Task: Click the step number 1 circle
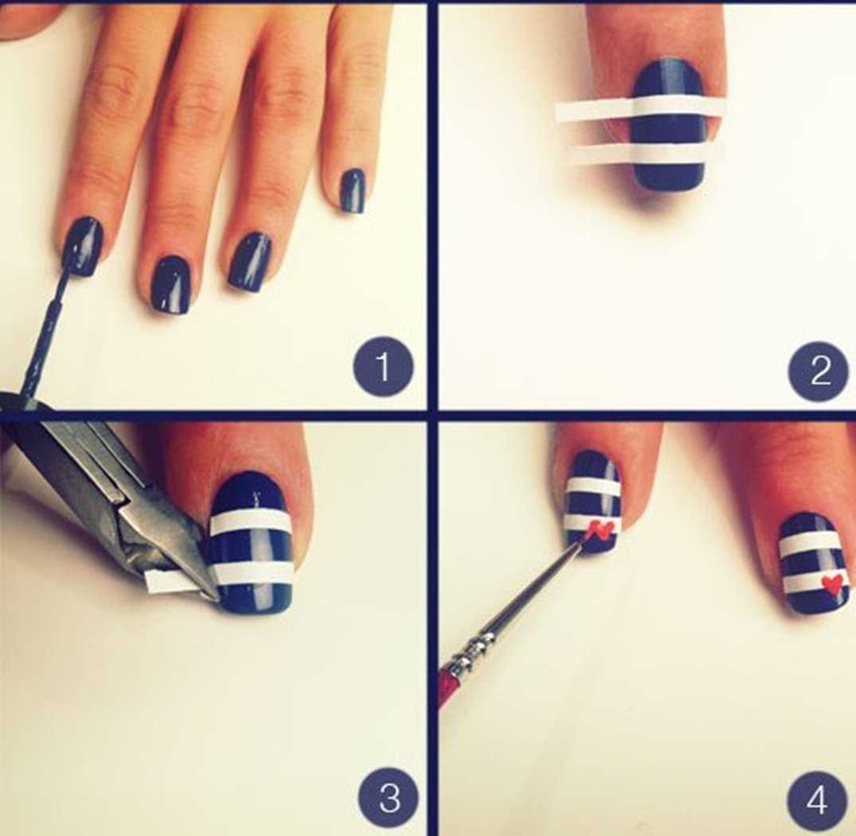point(383,366)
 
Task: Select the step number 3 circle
point(389,799)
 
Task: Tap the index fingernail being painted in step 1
point(84,246)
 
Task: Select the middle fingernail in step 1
point(170,285)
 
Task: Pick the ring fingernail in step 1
point(251,261)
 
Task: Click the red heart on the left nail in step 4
point(602,529)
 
